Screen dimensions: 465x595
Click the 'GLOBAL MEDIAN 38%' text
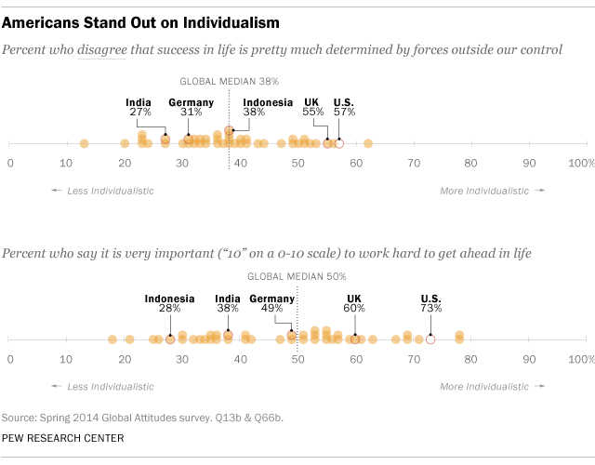229,81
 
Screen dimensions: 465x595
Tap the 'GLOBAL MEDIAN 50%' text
296,277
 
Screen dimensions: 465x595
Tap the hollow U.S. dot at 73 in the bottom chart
430,339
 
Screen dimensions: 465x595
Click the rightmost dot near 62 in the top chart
368,143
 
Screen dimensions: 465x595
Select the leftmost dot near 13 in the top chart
85,143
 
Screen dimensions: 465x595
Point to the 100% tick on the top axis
580,163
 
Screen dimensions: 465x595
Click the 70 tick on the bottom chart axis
413,359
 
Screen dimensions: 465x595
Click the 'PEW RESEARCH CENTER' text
64,437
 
